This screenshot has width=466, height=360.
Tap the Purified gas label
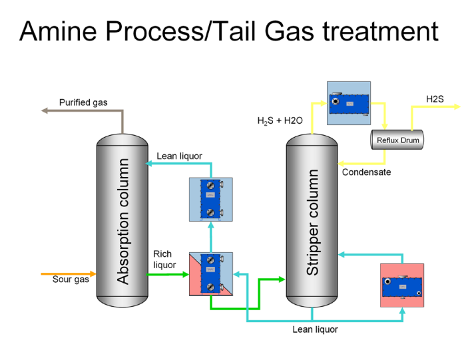[83, 102]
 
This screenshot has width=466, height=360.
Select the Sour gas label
[71, 279]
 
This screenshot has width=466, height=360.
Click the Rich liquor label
[164, 260]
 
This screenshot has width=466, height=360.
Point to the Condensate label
[366, 172]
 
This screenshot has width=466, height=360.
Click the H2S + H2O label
[280, 120]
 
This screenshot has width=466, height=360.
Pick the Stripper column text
[313, 223]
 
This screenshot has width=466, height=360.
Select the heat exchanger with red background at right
[401, 285]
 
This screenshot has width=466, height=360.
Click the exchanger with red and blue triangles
[211, 274]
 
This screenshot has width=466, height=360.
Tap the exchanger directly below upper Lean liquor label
[211, 199]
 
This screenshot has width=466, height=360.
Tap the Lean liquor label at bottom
[315, 329]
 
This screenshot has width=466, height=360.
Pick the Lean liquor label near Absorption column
[179, 156]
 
